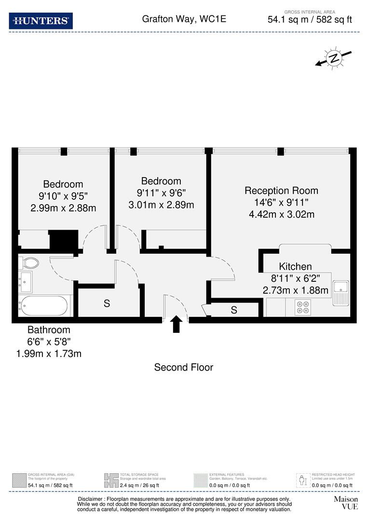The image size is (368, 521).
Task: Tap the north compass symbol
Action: (333, 58)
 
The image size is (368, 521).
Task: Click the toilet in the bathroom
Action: (29, 263)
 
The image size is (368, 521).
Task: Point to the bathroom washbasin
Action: (25, 281)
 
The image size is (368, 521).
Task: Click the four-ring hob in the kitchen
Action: (304, 308)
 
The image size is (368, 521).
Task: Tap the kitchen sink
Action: (341, 293)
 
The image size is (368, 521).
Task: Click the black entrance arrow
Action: (176, 324)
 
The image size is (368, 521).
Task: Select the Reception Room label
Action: (281, 191)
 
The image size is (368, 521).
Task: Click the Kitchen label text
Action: (295, 266)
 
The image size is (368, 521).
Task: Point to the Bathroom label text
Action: (49, 330)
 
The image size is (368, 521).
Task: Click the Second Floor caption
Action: (183, 367)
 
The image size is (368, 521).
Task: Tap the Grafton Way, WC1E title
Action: (184, 19)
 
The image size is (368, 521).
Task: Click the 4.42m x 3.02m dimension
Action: (281, 214)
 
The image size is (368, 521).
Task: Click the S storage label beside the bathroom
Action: (107, 303)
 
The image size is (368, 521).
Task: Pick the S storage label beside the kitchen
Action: (234, 310)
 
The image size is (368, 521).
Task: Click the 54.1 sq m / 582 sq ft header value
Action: (310, 20)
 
